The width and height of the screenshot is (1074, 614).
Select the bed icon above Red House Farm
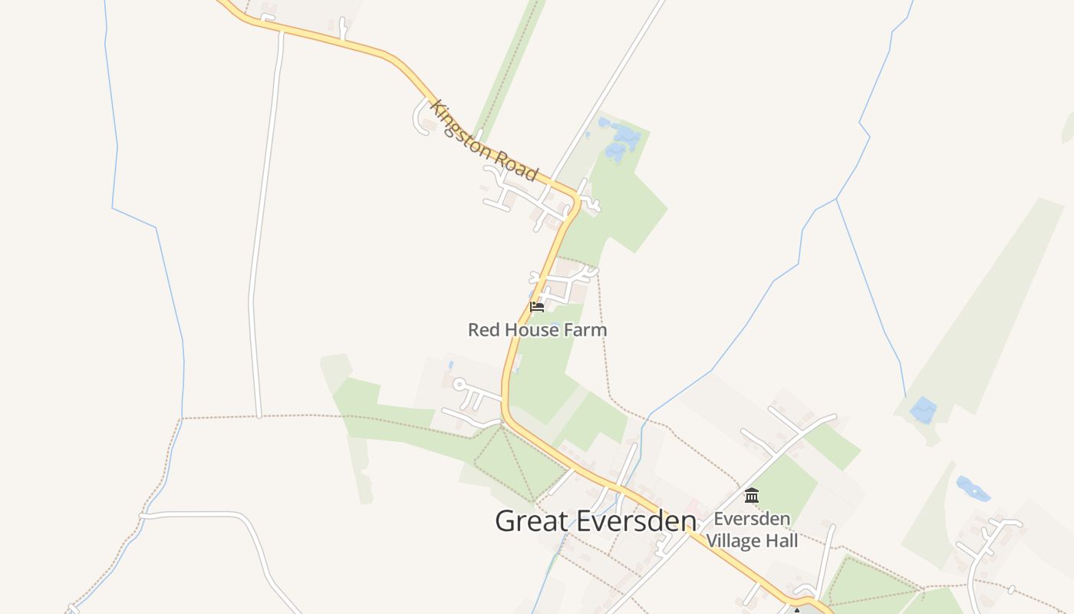pyautogui.click(x=537, y=307)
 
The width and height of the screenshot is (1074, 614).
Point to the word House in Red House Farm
pyautogui.click(x=531, y=330)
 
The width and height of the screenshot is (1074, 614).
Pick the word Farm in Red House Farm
pyautogui.click(x=586, y=330)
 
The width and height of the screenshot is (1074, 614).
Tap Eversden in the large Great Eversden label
pyautogui.click(x=636, y=521)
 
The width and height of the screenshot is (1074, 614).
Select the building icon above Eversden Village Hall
pyautogui.click(x=752, y=496)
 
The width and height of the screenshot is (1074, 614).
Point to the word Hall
pyautogui.click(x=782, y=541)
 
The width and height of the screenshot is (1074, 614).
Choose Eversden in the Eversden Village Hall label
pyautogui.click(x=752, y=519)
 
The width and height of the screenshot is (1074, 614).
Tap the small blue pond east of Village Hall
pyautogui.click(x=972, y=488)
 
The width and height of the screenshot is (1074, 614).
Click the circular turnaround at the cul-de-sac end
pyautogui.click(x=459, y=384)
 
